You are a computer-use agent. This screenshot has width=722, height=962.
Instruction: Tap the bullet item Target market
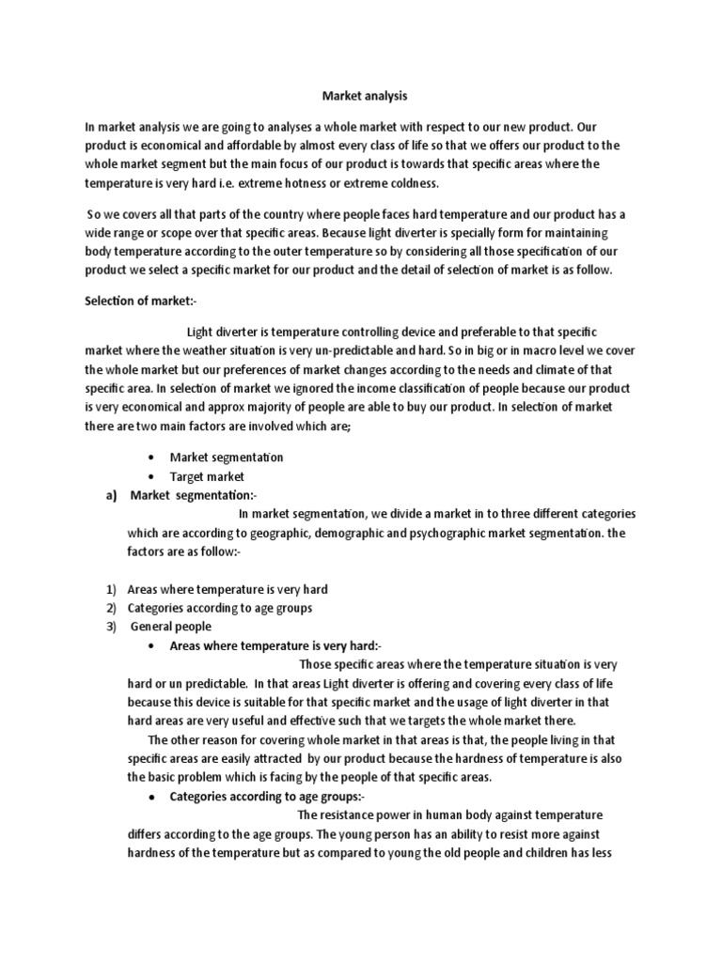point(207,476)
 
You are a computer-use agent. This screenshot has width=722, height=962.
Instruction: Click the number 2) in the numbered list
point(110,608)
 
